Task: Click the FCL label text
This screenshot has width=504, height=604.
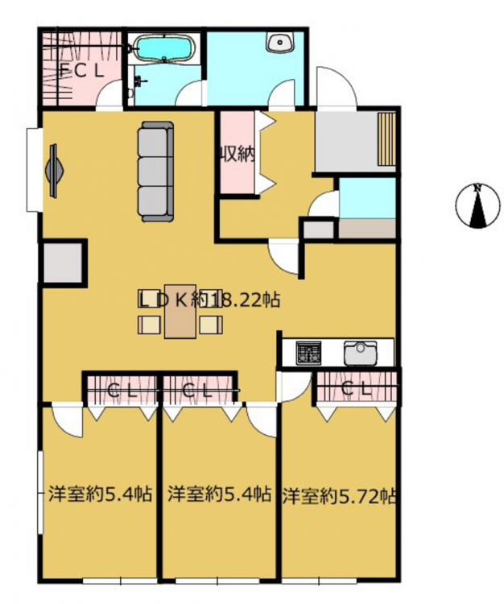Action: (82, 71)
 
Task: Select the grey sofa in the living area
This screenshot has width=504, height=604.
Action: (156, 172)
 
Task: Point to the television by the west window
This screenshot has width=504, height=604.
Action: (54, 171)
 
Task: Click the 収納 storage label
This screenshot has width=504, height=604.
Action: (238, 155)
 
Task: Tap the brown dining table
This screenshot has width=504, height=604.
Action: (180, 311)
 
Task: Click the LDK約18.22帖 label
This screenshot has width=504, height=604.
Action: (209, 300)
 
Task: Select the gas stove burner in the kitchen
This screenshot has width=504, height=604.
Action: (308, 352)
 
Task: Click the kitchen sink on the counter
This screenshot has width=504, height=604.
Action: (361, 353)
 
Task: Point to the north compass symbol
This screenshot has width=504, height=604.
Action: (478, 205)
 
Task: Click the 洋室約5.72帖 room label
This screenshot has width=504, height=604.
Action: (339, 497)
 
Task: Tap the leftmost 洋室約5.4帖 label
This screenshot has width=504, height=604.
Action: (100, 494)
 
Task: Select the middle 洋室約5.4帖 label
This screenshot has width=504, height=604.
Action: (220, 494)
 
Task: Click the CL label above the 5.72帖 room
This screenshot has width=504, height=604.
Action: (357, 390)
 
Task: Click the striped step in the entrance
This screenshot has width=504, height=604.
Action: (386, 139)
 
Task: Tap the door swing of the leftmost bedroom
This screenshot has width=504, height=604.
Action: (67, 420)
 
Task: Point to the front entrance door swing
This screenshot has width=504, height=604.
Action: (336, 86)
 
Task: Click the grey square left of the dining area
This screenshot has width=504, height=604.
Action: (63, 263)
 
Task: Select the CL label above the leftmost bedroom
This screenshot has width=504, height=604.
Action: (122, 391)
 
